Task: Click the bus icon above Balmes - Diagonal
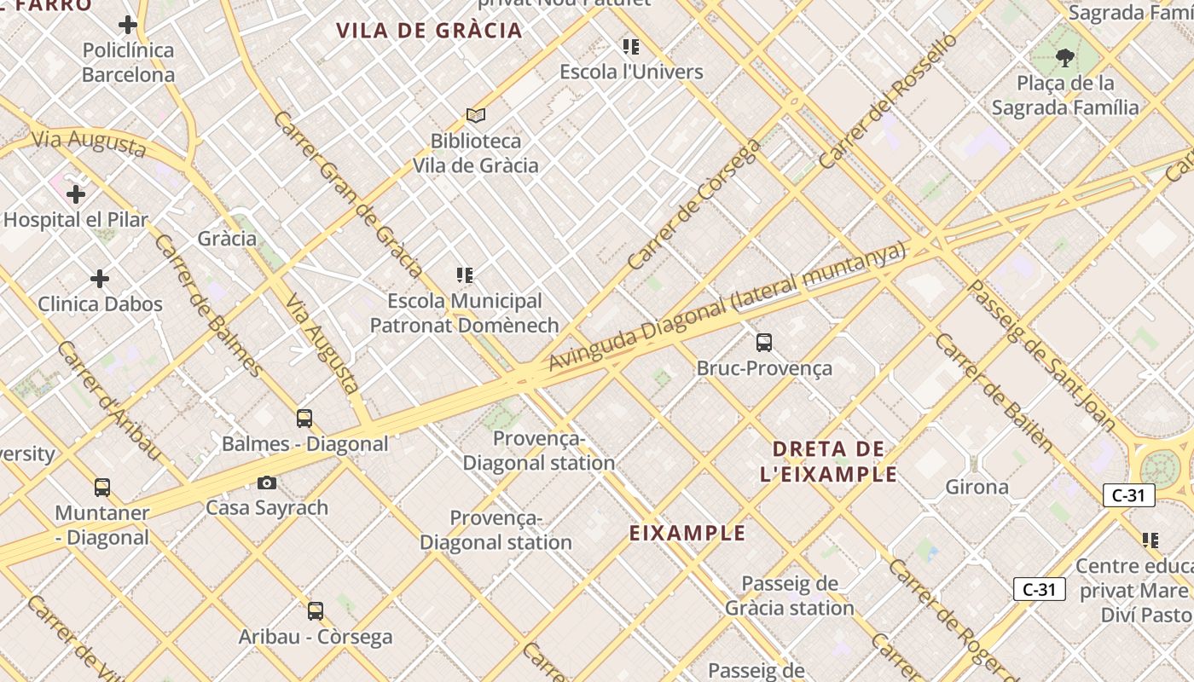(304, 418)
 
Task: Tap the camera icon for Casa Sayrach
(267, 483)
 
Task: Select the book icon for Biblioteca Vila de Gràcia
(476, 115)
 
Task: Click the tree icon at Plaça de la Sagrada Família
(1064, 58)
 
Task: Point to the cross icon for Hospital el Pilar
(76, 194)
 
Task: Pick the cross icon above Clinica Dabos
(100, 279)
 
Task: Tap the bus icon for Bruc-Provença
(764, 343)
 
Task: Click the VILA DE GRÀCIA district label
(428, 31)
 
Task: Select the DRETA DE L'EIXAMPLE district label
(828, 461)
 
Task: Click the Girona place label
(977, 487)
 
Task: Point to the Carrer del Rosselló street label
(888, 101)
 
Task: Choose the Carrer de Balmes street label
(208, 304)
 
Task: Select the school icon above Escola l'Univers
(631, 46)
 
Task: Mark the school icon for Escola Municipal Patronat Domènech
(465, 275)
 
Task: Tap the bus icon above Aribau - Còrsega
(316, 610)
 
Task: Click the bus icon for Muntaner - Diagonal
(102, 488)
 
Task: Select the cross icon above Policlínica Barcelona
(128, 25)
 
